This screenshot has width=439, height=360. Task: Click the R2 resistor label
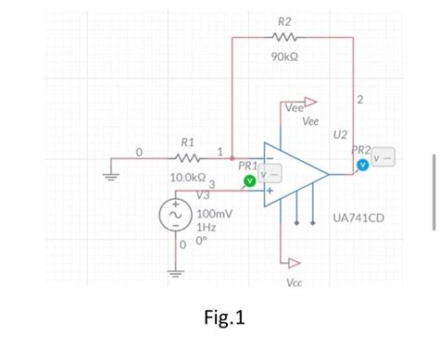pyautogui.click(x=283, y=20)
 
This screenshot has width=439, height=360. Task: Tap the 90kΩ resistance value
pyautogui.click(x=284, y=56)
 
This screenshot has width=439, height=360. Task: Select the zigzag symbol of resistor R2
pyautogui.click(x=284, y=38)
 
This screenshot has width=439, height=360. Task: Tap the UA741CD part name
pyautogui.click(x=359, y=218)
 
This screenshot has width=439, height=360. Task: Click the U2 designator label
pyautogui.click(x=341, y=135)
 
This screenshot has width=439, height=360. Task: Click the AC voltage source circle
pyautogui.click(x=174, y=216)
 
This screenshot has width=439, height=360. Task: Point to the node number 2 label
pyautogui.click(x=360, y=99)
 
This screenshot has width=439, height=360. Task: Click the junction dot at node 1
pyautogui.click(x=232, y=158)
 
